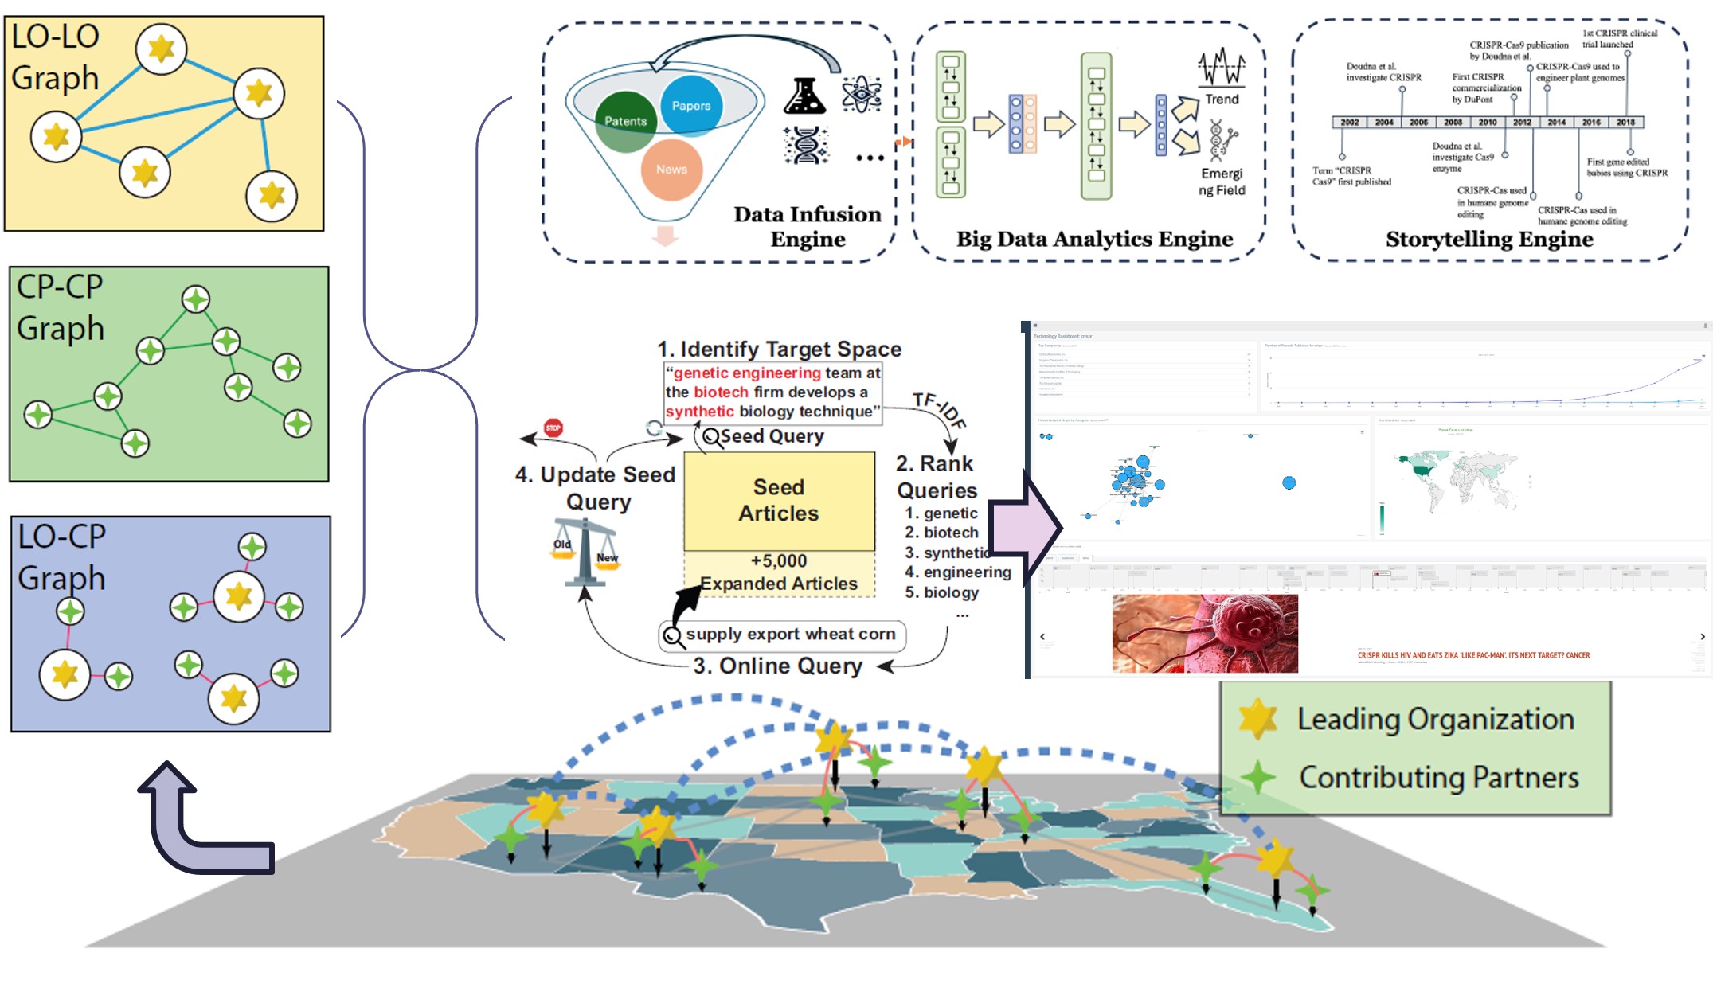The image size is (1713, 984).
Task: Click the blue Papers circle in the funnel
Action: tap(690, 105)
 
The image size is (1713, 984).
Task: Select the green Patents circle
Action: tap(625, 121)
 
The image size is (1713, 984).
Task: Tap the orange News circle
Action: tap(671, 169)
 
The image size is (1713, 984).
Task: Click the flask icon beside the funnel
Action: tap(804, 97)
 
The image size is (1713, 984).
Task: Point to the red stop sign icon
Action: tap(553, 428)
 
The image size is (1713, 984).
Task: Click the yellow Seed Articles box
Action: tap(779, 500)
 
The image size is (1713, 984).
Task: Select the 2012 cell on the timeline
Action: tap(1522, 123)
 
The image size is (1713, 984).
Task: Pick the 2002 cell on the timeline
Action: tap(1349, 123)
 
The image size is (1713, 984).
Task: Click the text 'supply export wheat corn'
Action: tap(790, 635)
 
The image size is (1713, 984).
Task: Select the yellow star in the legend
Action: tap(1258, 718)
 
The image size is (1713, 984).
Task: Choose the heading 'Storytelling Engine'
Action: tap(1489, 240)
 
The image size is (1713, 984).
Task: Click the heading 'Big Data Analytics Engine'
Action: tap(1094, 239)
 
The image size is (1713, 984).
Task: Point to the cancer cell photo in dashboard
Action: tap(1205, 634)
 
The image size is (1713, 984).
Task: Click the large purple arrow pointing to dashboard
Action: tap(1027, 526)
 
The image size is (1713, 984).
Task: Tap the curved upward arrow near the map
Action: tap(199, 828)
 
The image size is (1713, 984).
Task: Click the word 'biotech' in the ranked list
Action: tap(951, 533)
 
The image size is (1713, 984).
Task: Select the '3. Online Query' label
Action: tap(777, 666)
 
